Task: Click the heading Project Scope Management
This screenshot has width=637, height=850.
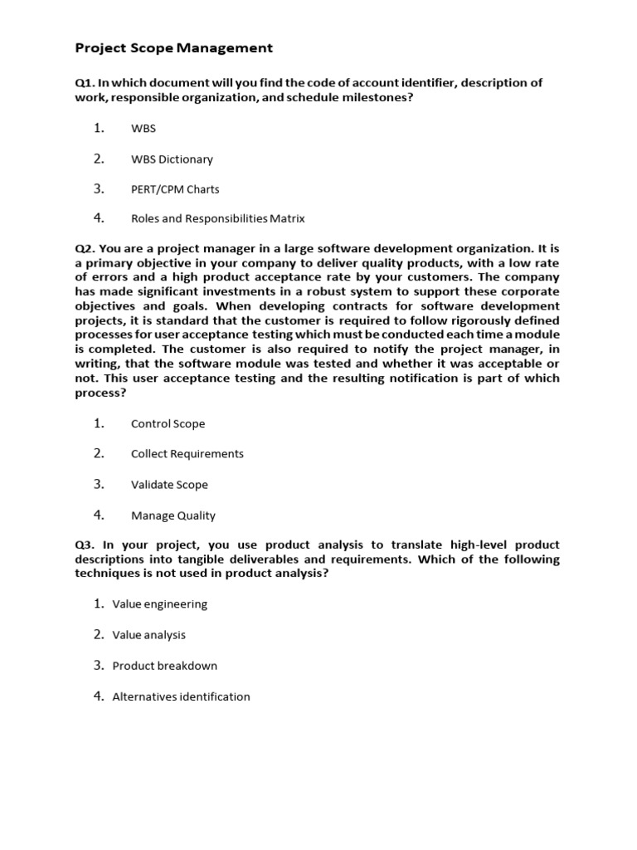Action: (173, 48)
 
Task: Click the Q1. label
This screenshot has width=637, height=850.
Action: (85, 82)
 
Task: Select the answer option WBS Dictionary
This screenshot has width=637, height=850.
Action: (172, 159)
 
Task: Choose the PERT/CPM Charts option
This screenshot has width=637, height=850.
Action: (175, 189)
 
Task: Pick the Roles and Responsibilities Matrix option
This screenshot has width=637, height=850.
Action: (218, 219)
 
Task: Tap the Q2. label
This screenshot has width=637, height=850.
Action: (85, 248)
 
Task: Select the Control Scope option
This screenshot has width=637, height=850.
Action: (168, 424)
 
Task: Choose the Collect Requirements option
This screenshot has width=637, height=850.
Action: (187, 454)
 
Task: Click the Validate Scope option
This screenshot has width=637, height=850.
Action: (169, 485)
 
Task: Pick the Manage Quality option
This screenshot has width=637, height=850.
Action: (173, 515)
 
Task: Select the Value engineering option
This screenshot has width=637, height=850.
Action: (160, 604)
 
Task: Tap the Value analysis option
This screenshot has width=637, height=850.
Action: (149, 635)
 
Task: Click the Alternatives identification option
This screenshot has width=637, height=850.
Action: (181, 697)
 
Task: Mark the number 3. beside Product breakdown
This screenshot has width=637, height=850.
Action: (99, 665)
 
